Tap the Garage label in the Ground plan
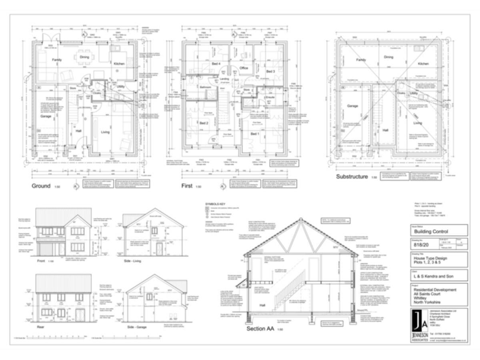46,116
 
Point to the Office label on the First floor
244,67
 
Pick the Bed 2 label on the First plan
204,124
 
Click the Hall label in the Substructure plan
386,129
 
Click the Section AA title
261,329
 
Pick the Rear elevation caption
41,325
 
